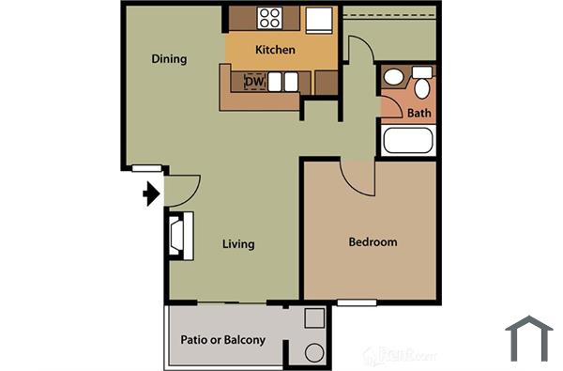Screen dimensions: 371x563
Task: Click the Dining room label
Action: point(169,59)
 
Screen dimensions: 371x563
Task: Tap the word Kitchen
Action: point(275,50)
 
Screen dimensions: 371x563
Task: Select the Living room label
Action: point(238,244)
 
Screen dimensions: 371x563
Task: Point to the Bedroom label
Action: point(373,242)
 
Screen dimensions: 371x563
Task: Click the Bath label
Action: point(418,113)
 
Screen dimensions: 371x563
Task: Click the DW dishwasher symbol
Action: point(254,82)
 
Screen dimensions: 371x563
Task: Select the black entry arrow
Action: point(150,194)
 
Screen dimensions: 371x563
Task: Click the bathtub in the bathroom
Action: point(407,141)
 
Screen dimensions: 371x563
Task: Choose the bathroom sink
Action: point(394,79)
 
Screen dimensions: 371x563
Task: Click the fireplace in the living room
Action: point(178,236)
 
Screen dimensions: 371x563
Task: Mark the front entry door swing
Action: point(180,191)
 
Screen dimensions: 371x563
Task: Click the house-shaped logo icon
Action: point(528,338)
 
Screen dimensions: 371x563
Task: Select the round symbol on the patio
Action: point(314,353)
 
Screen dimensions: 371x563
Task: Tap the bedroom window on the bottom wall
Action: point(357,302)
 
